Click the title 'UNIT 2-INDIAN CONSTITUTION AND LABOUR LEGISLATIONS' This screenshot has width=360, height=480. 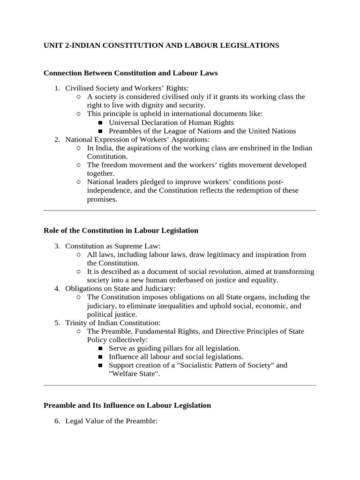tap(161, 45)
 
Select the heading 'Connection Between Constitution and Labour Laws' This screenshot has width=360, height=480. tap(130, 73)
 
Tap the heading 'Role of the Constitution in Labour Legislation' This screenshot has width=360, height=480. tap(121, 231)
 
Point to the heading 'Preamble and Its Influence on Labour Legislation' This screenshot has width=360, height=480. tap(127, 405)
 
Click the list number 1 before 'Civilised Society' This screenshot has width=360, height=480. tap(57, 88)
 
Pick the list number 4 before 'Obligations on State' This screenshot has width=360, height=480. tap(57, 288)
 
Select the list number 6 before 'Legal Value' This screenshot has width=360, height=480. tap(57, 422)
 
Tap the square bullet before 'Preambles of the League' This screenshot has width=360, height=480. tap(100, 131)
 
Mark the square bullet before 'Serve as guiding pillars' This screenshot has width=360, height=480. tap(100, 349)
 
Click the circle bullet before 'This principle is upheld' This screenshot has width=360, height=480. tap(78, 114)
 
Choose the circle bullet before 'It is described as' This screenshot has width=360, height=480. tap(78, 272)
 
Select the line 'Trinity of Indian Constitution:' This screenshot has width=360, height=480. tap(112, 322)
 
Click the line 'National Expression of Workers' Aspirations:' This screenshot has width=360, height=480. tap(137, 139)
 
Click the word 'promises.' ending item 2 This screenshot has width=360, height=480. tap(102, 199)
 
